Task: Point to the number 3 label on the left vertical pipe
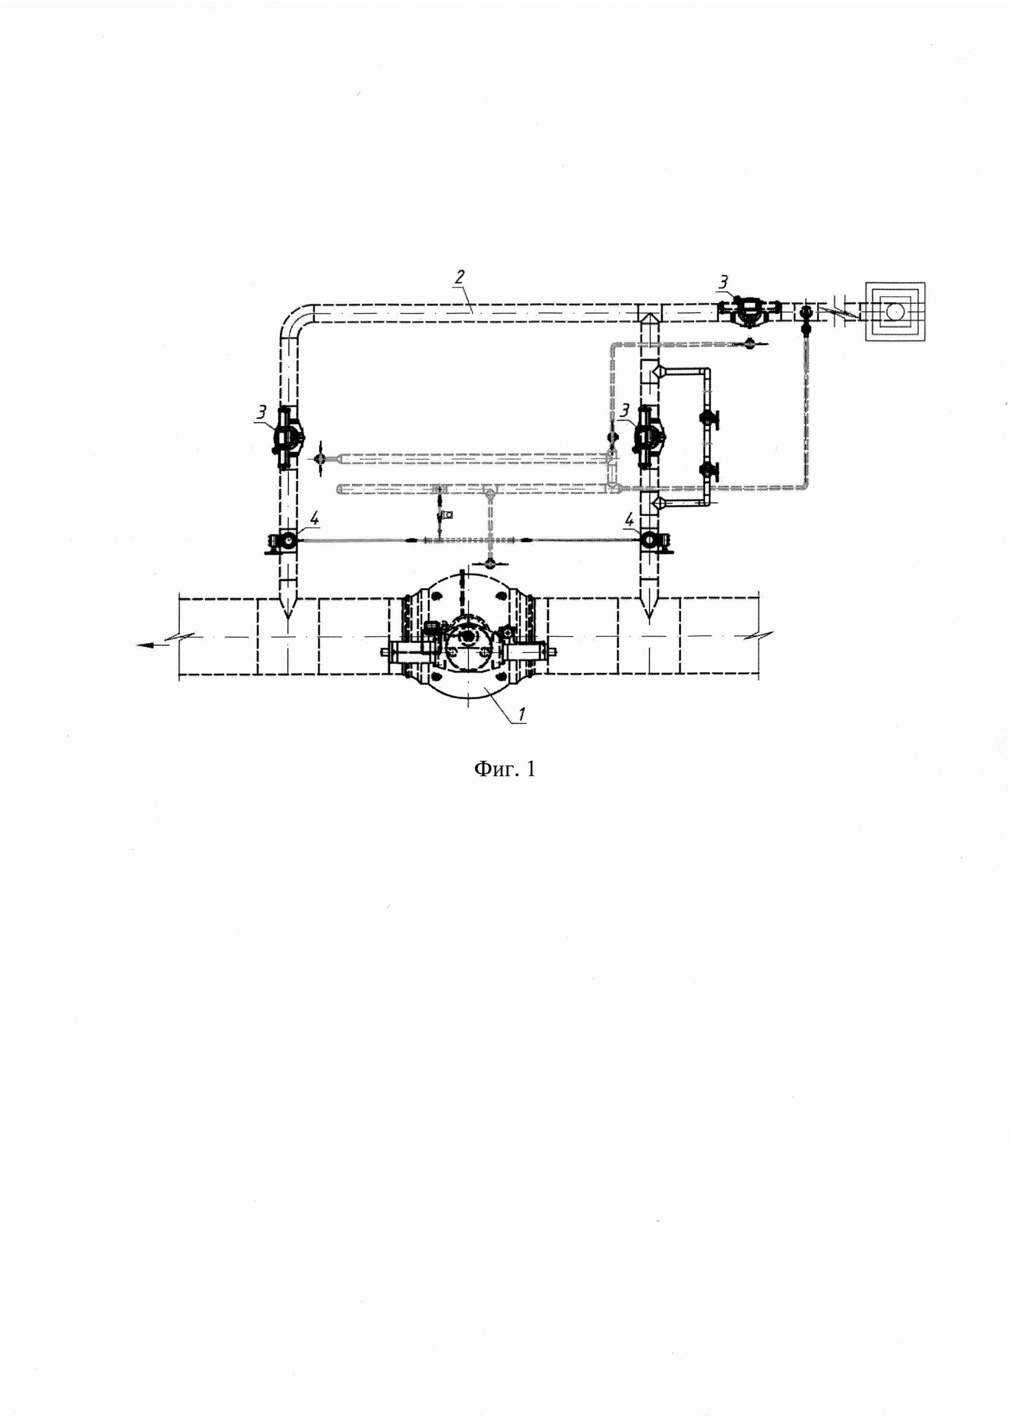tap(263, 412)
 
